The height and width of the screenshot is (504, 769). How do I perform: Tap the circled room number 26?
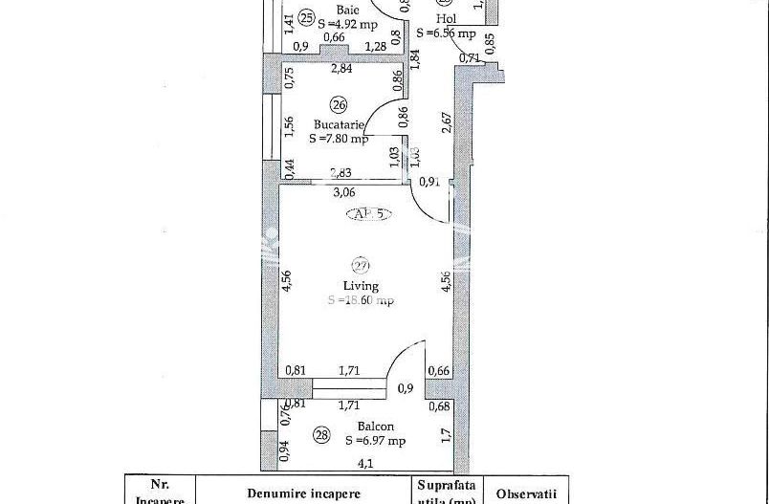(338, 104)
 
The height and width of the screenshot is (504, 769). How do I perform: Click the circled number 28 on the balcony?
(321, 436)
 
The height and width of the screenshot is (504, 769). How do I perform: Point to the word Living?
(361, 285)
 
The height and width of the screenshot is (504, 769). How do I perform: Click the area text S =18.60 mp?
(361, 300)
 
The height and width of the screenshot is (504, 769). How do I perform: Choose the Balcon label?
(375, 427)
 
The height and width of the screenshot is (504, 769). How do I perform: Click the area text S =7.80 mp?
(339, 138)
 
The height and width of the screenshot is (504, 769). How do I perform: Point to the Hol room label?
(446, 18)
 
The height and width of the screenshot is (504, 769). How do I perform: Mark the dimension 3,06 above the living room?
(343, 191)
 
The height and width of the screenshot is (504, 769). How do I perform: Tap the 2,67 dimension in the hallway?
(447, 124)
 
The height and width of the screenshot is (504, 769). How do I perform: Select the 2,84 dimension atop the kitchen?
(341, 69)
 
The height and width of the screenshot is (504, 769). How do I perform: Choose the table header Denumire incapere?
(303, 493)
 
